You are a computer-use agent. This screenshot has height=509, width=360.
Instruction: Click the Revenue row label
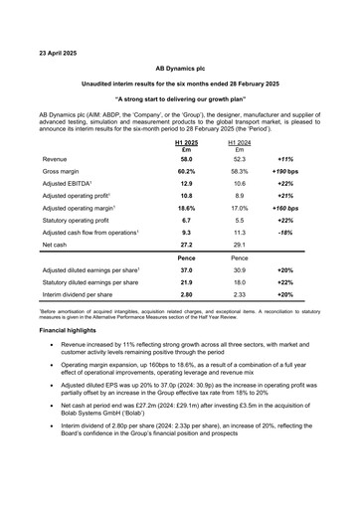[x=57, y=158]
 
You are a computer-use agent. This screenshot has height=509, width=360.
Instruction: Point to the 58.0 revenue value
[x=175, y=158]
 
